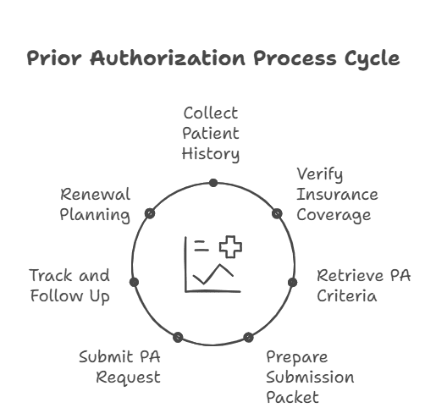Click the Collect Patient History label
pos(212,134)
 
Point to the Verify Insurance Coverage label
pos(336,194)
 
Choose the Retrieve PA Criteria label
pos(363,285)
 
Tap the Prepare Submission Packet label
pos(310,377)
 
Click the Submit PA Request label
pos(119,367)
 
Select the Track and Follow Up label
pos(69,285)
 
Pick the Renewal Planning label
pos(95,204)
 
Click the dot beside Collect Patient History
pos(213,183)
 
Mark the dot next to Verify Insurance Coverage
pos(276,214)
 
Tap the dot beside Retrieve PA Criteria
pos(292,282)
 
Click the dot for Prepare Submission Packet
pos(248,337)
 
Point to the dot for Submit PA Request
pos(177,337)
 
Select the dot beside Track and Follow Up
pos(134,282)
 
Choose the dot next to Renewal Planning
pos(150,214)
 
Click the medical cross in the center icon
pos(230,247)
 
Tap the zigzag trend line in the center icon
pos(212,274)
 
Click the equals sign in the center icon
pos(201,246)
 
